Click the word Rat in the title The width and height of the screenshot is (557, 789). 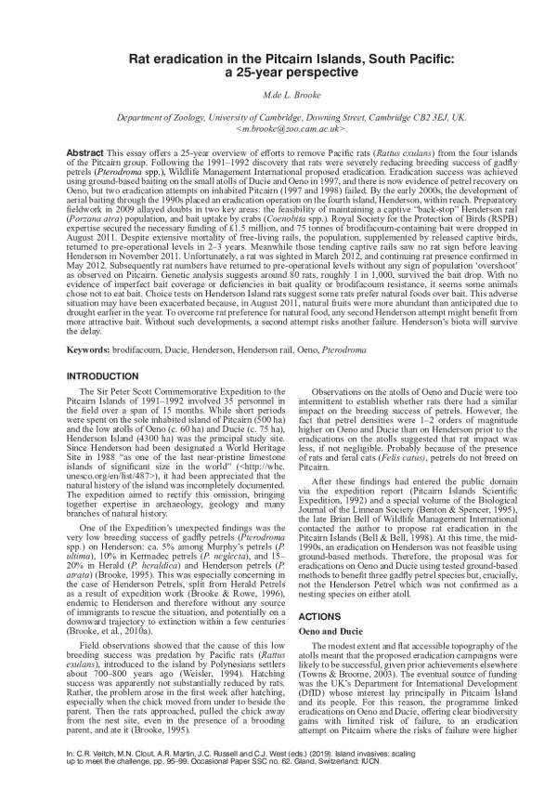click(x=141, y=59)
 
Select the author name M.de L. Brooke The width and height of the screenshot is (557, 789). click(x=278, y=98)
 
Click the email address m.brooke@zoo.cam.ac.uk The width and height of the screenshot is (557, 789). click(x=278, y=131)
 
